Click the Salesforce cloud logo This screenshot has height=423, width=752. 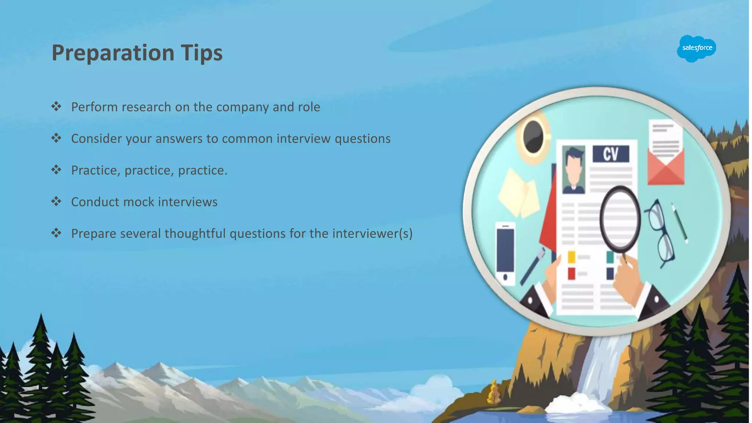point(696,48)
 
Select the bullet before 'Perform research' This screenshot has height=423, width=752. point(56,107)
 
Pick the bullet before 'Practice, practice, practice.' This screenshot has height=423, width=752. point(56,170)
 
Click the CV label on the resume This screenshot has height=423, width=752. point(611,154)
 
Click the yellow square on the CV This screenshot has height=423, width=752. point(571,257)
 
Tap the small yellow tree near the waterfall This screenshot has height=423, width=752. point(494,393)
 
